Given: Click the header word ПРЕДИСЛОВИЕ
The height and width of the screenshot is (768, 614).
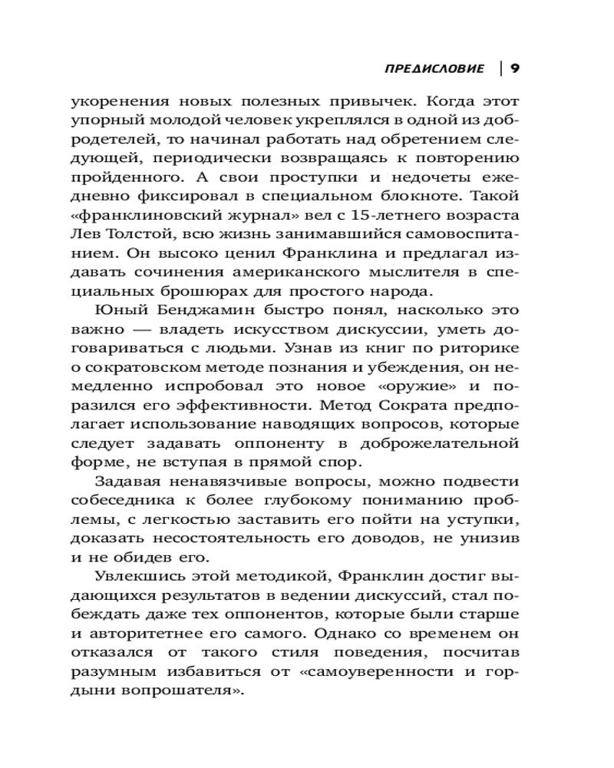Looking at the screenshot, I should [434, 68].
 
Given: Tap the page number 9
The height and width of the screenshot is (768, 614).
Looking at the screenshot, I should [515, 68].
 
